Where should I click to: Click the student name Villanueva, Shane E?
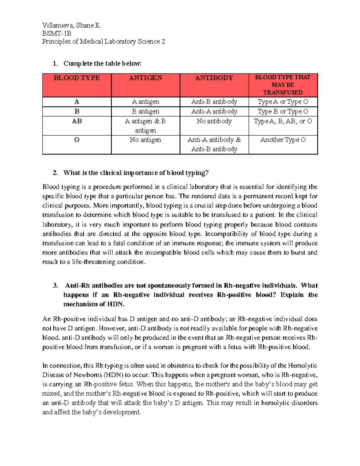coord(71,26)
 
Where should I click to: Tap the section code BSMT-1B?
coord(57,34)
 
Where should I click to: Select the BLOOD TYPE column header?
coord(77,78)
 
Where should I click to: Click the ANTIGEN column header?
coord(145,78)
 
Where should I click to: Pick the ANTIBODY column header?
coord(214,78)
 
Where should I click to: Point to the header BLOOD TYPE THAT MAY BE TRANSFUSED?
coord(283,85)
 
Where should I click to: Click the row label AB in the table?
coord(77,121)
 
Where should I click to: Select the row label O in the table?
coord(77,140)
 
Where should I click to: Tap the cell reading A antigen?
coord(145,102)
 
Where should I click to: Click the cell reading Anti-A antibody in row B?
coord(214,112)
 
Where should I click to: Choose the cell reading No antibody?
coord(214,121)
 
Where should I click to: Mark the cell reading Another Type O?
coord(283,140)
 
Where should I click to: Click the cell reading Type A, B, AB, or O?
coord(283,121)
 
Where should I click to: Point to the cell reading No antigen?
coord(145,140)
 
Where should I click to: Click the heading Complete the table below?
coord(102,64)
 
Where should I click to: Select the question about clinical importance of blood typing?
coord(136,173)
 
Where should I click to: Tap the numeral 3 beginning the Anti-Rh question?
coord(55,286)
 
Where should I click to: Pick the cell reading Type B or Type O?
coord(283,112)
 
